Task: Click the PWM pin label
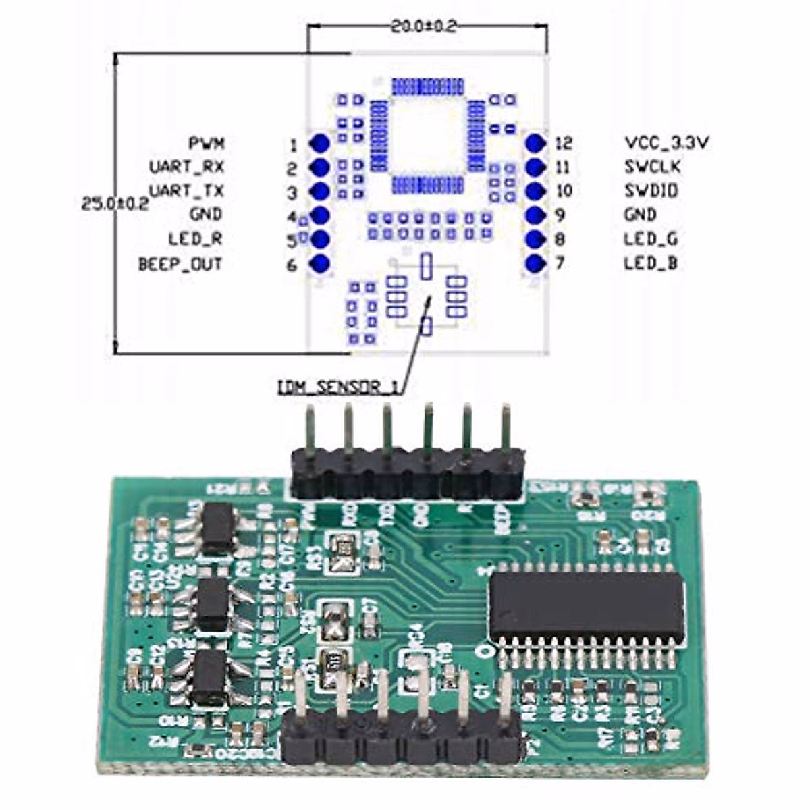[207, 143]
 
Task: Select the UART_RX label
[186, 167]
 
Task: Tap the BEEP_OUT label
[180, 264]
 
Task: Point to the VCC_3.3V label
[666, 143]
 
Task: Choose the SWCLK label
[652, 167]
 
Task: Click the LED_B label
[650, 263]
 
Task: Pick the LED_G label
[651, 239]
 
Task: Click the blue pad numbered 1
[319, 143]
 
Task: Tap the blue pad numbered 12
[535, 143]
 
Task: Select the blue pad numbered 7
[535, 264]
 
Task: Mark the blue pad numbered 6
[319, 264]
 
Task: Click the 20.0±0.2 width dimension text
[424, 27]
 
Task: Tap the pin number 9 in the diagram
[560, 215]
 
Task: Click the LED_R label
[195, 239]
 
